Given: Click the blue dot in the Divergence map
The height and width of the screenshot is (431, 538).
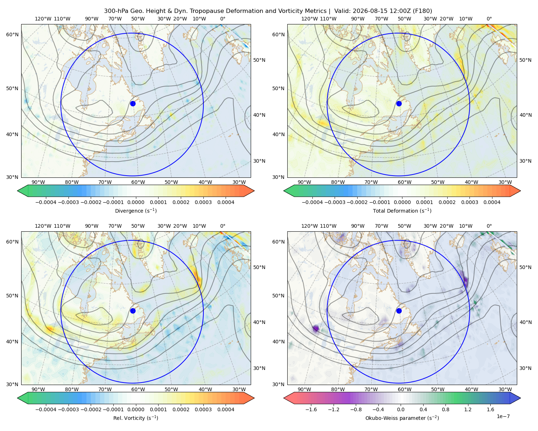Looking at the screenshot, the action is click(x=133, y=103).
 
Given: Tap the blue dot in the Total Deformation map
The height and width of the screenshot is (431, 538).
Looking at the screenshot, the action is click(x=399, y=103).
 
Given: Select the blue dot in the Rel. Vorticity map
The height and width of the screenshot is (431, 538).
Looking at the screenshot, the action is click(x=133, y=311).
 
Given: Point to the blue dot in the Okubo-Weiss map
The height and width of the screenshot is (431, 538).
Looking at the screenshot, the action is click(x=399, y=311).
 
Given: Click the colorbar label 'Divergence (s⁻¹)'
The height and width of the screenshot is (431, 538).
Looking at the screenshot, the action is click(x=136, y=210).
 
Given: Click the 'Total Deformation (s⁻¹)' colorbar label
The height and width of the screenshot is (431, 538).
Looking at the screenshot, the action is click(x=402, y=210).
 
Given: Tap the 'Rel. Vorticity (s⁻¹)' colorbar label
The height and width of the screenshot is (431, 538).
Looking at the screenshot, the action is click(x=136, y=418).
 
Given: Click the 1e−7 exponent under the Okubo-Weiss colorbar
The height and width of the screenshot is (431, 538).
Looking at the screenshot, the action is click(x=503, y=416).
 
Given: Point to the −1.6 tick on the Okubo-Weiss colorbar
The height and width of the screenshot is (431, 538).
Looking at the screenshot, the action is click(x=311, y=409).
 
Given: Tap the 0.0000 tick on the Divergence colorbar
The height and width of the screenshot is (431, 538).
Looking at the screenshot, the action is click(x=136, y=202).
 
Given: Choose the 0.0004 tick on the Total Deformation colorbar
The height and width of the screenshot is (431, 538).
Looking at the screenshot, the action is click(x=492, y=202).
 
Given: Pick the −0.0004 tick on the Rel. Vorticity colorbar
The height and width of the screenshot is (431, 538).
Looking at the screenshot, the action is click(x=46, y=409).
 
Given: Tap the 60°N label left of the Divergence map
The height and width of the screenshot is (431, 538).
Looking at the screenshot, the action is click(x=12, y=34).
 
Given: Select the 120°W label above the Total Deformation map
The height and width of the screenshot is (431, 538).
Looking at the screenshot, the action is click(x=309, y=19).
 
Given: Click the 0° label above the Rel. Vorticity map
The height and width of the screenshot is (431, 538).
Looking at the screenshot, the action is click(x=222, y=226).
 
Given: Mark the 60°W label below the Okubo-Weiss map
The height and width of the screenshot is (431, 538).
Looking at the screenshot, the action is click(x=405, y=389).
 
